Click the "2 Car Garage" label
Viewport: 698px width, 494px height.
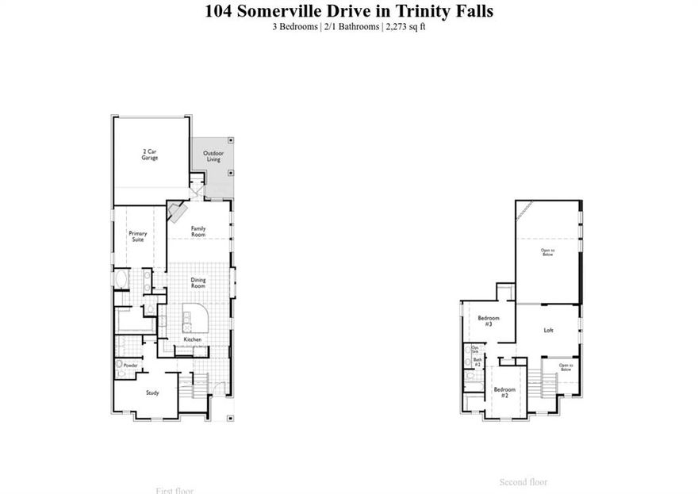pyautogui.click(x=150, y=155)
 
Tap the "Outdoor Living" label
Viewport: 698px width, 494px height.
pyautogui.click(x=213, y=156)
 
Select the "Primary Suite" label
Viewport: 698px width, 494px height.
pyautogui.click(x=138, y=236)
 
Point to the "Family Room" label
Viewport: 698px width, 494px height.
pyautogui.click(x=198, y=232)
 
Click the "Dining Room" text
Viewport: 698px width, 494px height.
pyautogui.click(x=198, y=281)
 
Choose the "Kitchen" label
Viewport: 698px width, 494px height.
pyautogui.click(x=193, y=339)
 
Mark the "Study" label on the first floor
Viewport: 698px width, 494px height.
pyautogui.click(x=152, y=393)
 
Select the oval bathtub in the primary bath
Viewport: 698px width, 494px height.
pyautogui.click(x=122, y=281)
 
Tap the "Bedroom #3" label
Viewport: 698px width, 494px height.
pyautogui.click(x=485, y=321)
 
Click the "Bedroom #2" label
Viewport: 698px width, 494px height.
pyautogui.click(x=504, y=391)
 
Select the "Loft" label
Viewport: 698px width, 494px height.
pyautogui.click(x=548, y=330)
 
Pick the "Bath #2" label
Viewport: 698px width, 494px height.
pyautogui.click(x=477, y=362)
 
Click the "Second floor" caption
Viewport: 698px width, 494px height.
pyautogui.click(x=523, y=482)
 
